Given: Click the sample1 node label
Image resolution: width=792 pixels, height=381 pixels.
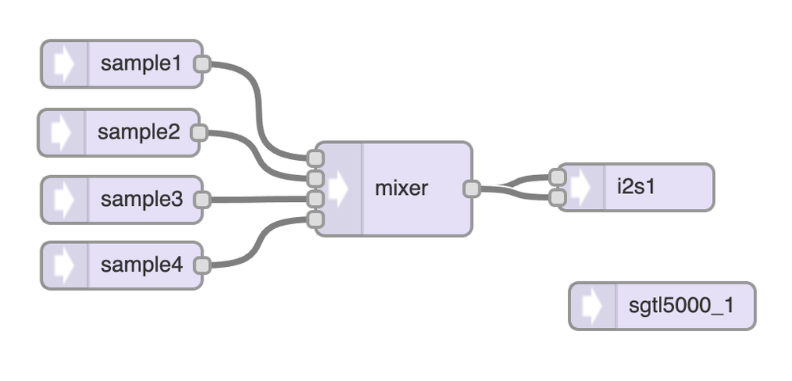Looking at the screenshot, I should (141, 64).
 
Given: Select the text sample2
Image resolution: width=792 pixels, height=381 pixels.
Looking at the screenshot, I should (139, 132).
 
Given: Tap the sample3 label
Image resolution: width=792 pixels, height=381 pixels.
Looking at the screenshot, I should (142, 200).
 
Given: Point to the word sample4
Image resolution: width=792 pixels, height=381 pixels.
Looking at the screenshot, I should (142, 265).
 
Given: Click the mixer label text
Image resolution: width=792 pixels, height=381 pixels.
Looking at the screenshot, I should (402, 189).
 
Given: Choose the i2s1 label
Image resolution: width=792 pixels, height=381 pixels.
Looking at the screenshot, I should (636, 188).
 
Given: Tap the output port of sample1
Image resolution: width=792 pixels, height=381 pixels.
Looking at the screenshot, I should (202, 64).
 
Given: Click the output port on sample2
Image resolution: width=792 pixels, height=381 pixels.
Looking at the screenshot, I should (200, 132).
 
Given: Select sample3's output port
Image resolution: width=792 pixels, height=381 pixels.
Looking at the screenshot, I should (202, 200).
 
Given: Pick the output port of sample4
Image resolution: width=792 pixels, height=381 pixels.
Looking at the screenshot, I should (202, 265).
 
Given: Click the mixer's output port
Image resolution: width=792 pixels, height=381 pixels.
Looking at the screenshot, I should (472, 189).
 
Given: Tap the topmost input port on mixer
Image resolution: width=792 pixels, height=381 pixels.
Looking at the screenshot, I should (316, 158).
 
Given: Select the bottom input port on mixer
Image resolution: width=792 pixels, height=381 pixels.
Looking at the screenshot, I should (316, 219).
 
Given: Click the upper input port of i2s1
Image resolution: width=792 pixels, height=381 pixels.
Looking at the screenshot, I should (558, 178).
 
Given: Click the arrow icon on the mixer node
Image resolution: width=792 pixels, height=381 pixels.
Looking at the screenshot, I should (339, 189).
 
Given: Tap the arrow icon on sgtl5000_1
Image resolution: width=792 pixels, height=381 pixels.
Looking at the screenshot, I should (592, 306).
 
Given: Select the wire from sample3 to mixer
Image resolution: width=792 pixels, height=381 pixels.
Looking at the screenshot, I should (257, 200).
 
